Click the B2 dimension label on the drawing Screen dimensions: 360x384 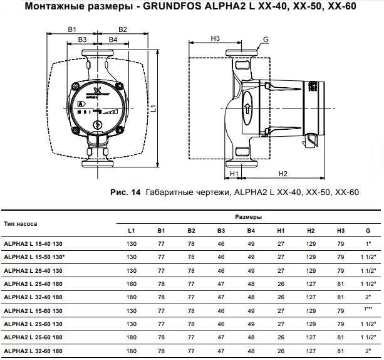(123, 29)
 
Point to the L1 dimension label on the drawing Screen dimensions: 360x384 (154, 107)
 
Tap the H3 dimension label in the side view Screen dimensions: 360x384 (215, 39)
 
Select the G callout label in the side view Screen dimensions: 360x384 (266, 39)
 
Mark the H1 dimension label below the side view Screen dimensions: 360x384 (235, 173)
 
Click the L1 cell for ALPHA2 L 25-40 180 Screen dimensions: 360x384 (131, 283)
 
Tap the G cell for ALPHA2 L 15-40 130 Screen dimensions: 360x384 (367, 243)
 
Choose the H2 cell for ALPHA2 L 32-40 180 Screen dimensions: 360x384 (310, 296)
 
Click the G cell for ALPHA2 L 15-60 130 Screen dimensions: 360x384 (367, 310)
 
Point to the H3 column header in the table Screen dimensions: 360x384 (340, 230)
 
